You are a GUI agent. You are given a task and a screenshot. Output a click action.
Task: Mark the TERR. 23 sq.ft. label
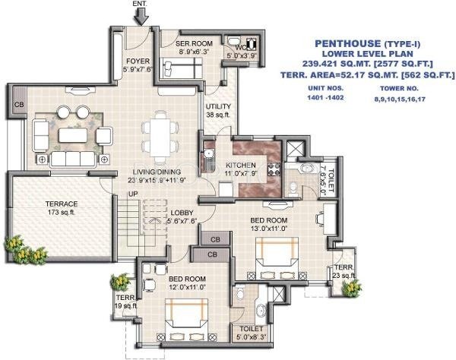pyautogui.click(x=344, y=272)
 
